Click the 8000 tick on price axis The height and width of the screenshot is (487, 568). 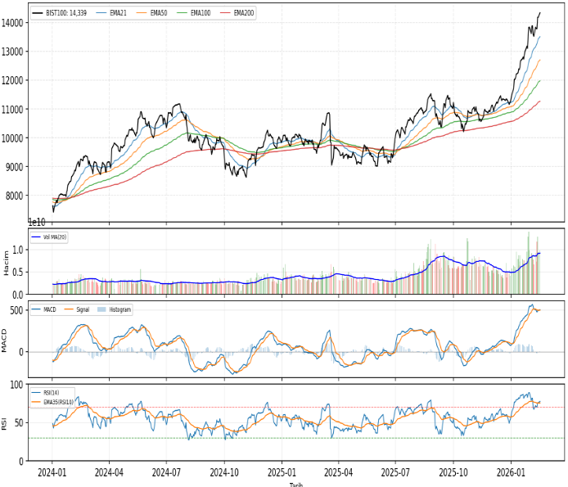(x=14, y=196)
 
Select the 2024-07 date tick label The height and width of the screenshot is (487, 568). (x=166, y=473)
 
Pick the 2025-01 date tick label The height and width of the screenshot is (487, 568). (x=281, y=473)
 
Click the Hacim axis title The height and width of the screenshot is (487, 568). (x=7, y=261)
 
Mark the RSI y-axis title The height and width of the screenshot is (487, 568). (x=5, y=422)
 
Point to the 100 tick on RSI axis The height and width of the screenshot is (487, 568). (x=16, y=385)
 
